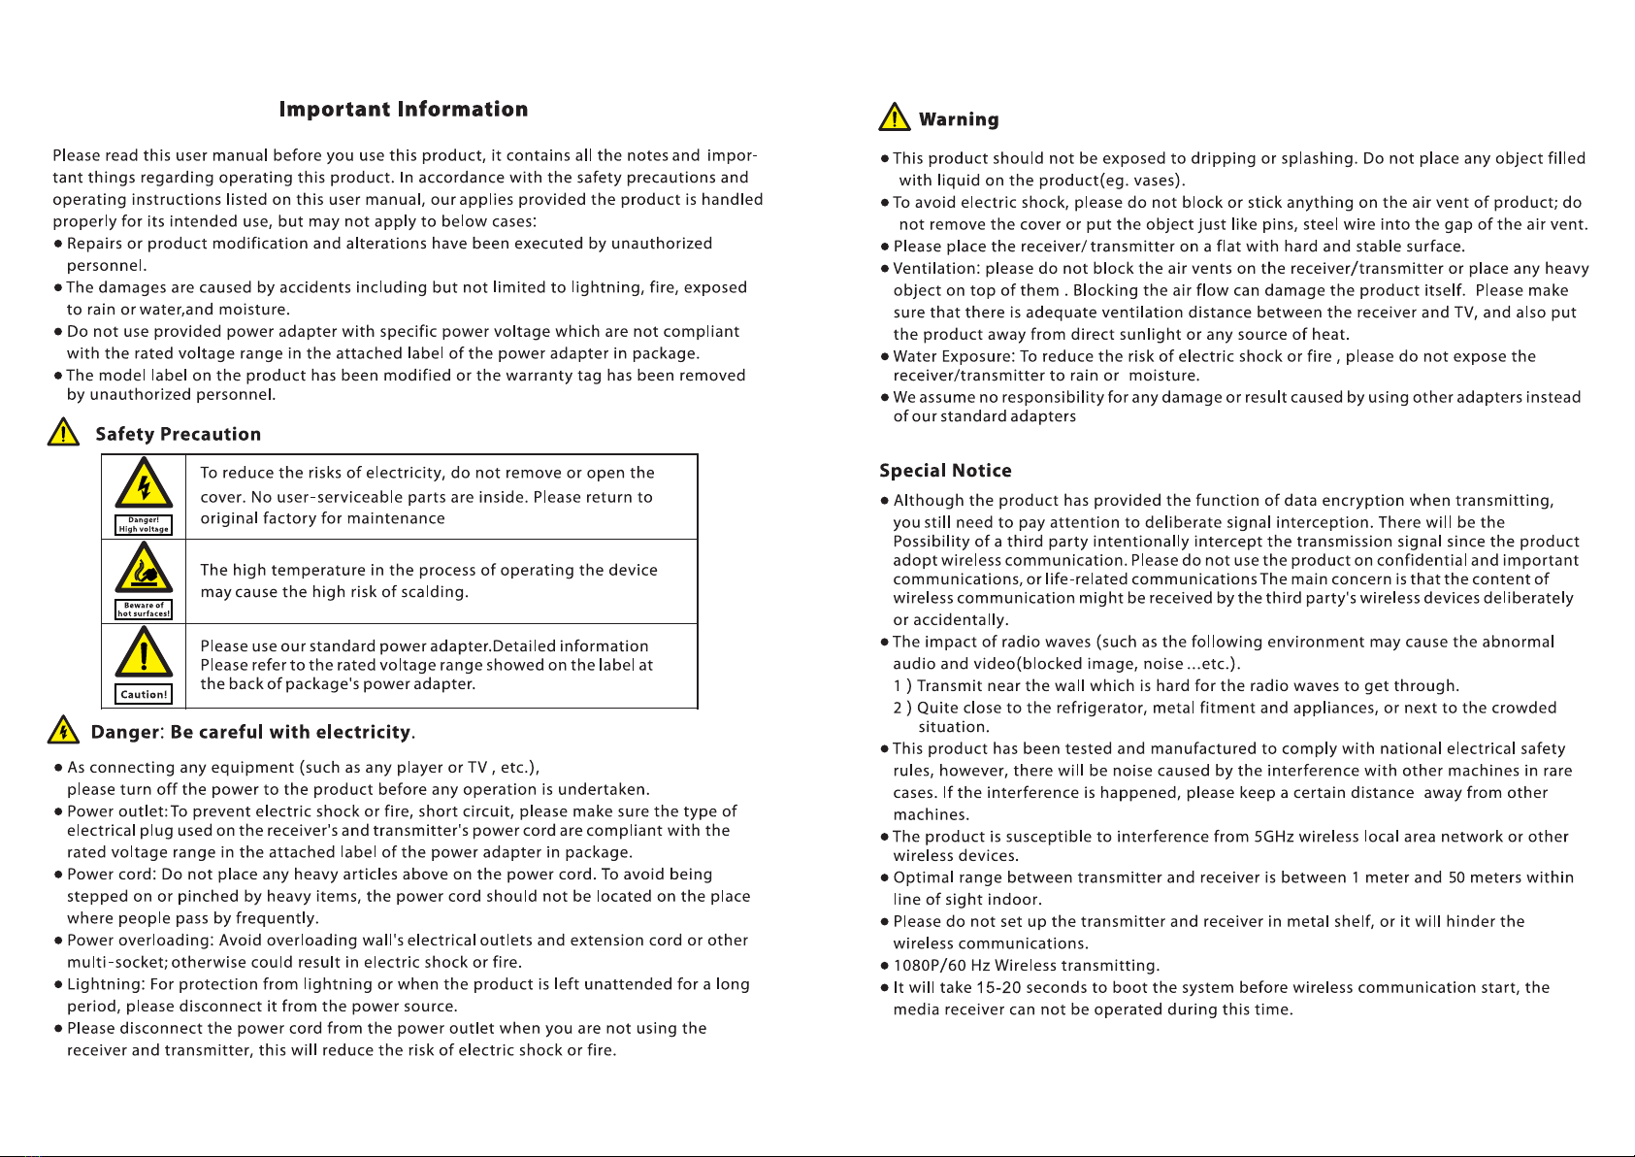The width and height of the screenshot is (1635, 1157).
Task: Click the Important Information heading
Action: point(404,110)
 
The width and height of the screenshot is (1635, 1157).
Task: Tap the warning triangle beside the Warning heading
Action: point(894,117)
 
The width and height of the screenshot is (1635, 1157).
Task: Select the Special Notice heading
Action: point(945,471)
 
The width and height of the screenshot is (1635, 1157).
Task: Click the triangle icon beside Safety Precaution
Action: point(63,432)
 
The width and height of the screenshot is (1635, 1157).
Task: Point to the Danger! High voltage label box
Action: point(144,525)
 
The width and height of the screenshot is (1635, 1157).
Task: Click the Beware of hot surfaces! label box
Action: point(144,610)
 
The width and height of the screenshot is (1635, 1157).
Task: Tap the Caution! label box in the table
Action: point(144,694)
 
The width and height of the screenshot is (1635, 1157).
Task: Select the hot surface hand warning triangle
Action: point(144,569)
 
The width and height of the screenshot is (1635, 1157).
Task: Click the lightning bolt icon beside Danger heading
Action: point(63,729)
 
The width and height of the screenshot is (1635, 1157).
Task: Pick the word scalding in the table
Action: point(435,592)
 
